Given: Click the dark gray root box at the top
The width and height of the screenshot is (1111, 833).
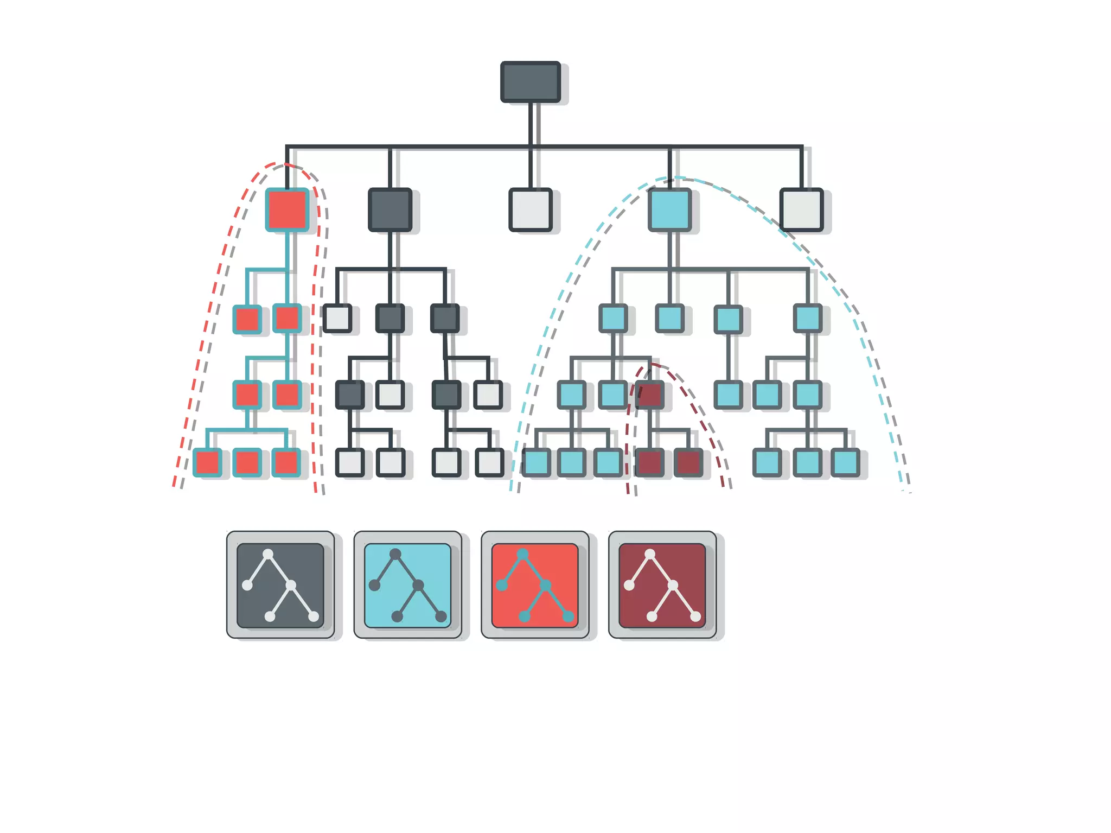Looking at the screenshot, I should [x=530, y=82].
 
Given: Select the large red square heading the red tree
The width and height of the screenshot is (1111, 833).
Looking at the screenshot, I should [x=287, y=209].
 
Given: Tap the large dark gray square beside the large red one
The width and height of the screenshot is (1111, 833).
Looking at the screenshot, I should [x=390, y=209].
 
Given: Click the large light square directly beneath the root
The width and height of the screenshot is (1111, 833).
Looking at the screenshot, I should [x=530, y=209].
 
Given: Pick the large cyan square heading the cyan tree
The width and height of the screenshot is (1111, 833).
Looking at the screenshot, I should [x=669, y=209].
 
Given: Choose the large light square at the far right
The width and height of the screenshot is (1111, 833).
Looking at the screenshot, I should [x=801, y=209].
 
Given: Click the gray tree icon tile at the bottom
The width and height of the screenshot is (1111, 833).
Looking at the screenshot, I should [x=280, y=585].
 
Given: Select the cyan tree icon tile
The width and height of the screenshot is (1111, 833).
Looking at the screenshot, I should [x=407, y=585].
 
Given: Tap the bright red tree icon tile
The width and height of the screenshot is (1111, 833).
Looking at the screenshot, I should [x=535, y=585].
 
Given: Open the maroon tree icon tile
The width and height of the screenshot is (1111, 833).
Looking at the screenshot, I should [x=662, y=585].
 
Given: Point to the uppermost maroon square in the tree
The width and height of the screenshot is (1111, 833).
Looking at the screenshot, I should [x=649, y=395].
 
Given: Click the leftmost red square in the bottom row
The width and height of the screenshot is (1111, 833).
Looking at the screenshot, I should [x=207, y=462].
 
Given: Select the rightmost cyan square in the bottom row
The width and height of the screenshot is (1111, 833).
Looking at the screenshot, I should [x=845, y=462].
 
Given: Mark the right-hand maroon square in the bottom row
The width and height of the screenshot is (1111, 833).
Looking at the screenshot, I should [x=688, y=462].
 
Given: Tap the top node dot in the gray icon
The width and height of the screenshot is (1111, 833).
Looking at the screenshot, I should [x=268, y=554].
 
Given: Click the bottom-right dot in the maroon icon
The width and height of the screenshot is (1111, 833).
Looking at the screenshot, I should [x=695, y=616].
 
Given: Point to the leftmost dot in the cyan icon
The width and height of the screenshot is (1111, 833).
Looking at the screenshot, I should [x=374, y=585].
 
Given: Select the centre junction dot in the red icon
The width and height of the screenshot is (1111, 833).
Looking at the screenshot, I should [x=546, y=585].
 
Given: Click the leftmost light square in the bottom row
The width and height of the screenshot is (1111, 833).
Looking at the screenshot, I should [x=350, y=462].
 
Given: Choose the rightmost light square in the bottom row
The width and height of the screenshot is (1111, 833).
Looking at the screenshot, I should [x=489, y=462].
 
